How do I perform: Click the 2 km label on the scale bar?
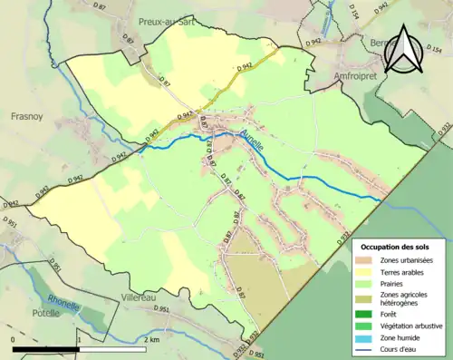click(x=151, y=338)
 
